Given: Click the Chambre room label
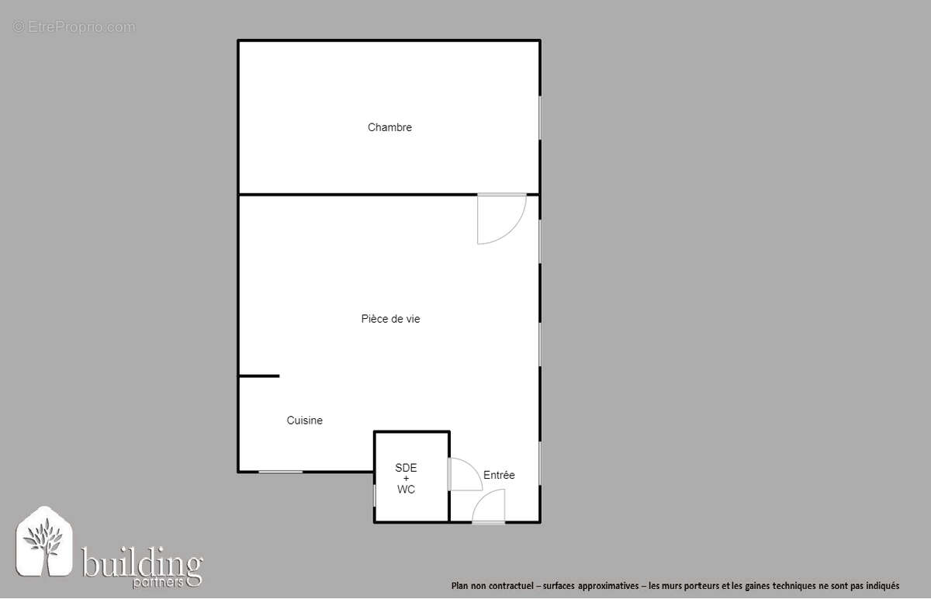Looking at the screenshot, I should tap(389, 127).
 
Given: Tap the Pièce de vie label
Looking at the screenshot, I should tap(390, 319).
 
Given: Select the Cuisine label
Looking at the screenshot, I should tap(304, 421).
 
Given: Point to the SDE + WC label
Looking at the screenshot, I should tap(406, 479).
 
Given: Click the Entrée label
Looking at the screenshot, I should tap(499, 475).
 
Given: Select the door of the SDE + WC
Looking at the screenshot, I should tap(463, 474).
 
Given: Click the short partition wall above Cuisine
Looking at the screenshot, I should tap(258, 376).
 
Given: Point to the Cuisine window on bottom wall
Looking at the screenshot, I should tap(280, 471).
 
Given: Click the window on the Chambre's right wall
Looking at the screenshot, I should tap(540, 118).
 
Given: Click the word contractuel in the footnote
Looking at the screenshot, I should tap(510, 586).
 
